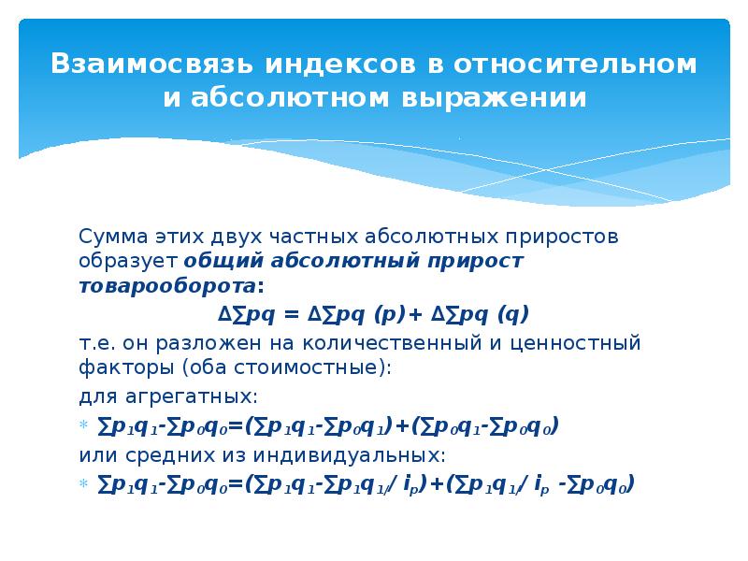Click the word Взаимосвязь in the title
click(x=151, y=64)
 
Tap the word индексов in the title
click(x=340, y=65)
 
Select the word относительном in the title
click(x=575, y=65)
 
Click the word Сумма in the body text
click(x=113, y=237)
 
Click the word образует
click(x=128, y=261)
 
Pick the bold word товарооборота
click(x=167, y=286)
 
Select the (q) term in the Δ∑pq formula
click(x=513, y=315)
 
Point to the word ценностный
click(x=575, y=343)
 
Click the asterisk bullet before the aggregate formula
click(x=84, y=424)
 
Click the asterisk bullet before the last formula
click(x=84, y=483)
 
